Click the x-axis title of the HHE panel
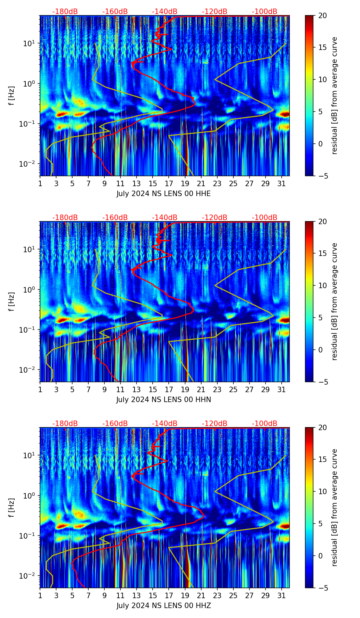click(164, 194)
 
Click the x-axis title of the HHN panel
click(164, 400)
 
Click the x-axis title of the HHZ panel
click(164, 606)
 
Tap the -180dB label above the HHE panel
click(65, 12)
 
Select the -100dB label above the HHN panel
click(265, 218)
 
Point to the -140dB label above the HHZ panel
click(165, 424)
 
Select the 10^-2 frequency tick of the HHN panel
click(30, 370)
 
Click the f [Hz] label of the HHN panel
click(12, 301)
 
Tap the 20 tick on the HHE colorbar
click(322, 15)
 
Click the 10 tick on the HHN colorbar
click(322, 285)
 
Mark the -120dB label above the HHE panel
click(215, 12)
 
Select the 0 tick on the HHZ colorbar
click(320, 556)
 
